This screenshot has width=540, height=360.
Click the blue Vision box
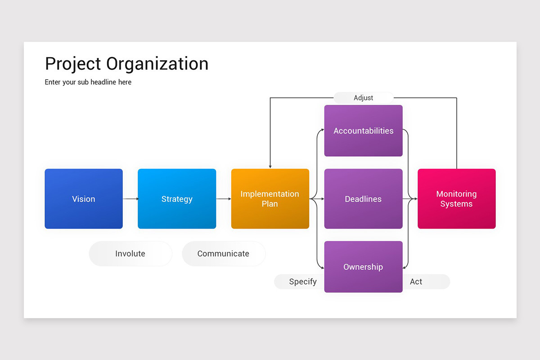pyautogui.click(x=84, y=199)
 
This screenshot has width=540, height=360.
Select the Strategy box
pyautogui.click(x=177, y=199)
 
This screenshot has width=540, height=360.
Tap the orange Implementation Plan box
pyautogui.click(x=270, y=199)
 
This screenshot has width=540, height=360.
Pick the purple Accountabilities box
pyautogui.click(x=363, y=131)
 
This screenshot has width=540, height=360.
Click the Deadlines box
pyautogui.click(x=363, y=199)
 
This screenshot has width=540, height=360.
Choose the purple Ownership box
pyautogui.click(x=363, y=267)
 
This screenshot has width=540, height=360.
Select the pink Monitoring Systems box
pyautogui.click(x=456, y=199)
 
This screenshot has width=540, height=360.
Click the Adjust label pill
pyautogui.click(x=363, y=98)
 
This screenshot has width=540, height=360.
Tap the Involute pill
pyautogui.click(x=130, y=254)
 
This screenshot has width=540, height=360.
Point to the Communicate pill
pyautogui.click(x=224, y=254)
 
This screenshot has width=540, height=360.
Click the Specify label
pyautogui.click(x=302, y=282)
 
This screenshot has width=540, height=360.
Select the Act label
pyautogui.click(x=416, y=282)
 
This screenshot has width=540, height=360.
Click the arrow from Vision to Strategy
pyautogui.click(x=130, y=198)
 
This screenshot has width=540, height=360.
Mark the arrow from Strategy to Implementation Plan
pyautogui.click(x=224, y=198)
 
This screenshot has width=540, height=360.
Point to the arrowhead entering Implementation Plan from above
pyautogui.click(x=270, y=166)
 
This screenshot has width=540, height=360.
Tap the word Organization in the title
pyautogui.click(x=157, y=64)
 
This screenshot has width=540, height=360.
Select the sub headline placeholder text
pyautogui.click(x=88, y=82)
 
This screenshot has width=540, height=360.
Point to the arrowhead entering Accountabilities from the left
pyautogui.click(x=322, y=130)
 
